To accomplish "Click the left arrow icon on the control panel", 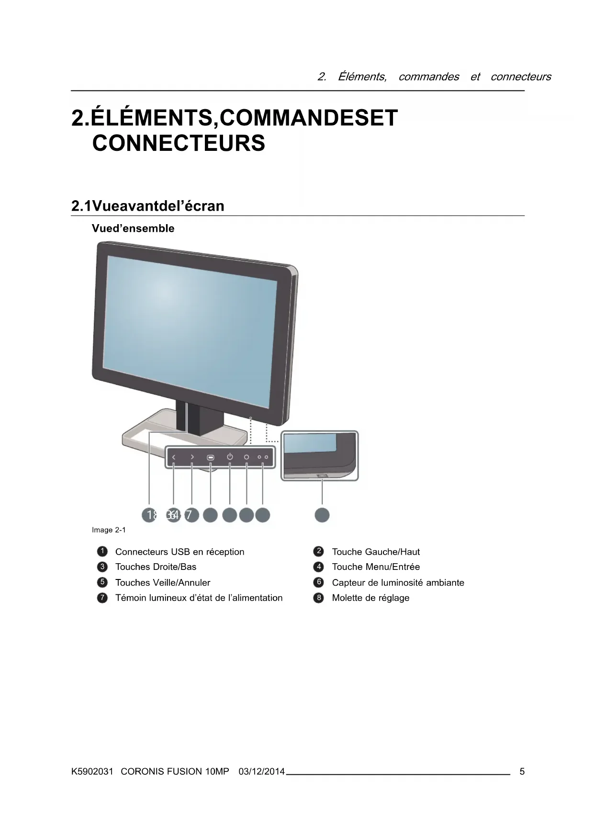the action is (174, 457).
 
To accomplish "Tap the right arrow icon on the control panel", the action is (192, 457).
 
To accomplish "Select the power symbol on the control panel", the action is (230, 457).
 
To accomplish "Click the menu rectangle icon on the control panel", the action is (211, 458).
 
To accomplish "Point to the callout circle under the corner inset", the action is (322, 515).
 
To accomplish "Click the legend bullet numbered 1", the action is (102, 552).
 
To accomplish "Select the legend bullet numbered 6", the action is (319, 582).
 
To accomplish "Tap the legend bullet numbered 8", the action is (319, 598).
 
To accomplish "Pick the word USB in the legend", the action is (180, 552).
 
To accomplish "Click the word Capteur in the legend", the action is (350, 583).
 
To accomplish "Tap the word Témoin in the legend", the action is (131, 598).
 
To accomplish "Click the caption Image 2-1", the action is (109, 530).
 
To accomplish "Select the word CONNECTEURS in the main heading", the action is (179, 143).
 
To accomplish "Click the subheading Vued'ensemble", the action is (133, 228).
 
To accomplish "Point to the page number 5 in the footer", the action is (522, 772).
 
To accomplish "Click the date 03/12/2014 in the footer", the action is (261, 772).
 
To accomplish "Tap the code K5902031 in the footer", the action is (92, 772).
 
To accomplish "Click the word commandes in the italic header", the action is (428, 77).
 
